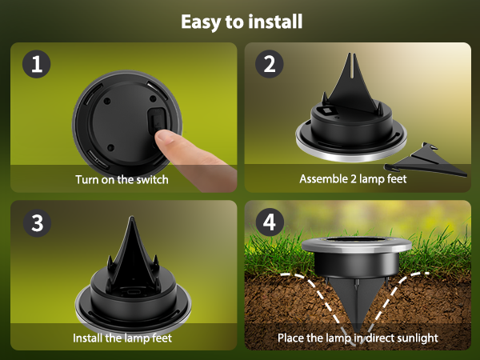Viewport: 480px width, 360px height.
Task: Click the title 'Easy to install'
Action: [x=241, y=21]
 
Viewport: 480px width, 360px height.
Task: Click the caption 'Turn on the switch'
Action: [x=122, y=179]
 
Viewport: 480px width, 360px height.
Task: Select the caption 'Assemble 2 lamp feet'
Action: [x=353, y=179]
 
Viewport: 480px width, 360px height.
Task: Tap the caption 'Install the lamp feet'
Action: [x=122, y=338]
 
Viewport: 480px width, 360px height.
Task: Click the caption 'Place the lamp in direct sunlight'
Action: [x=358, y=338]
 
